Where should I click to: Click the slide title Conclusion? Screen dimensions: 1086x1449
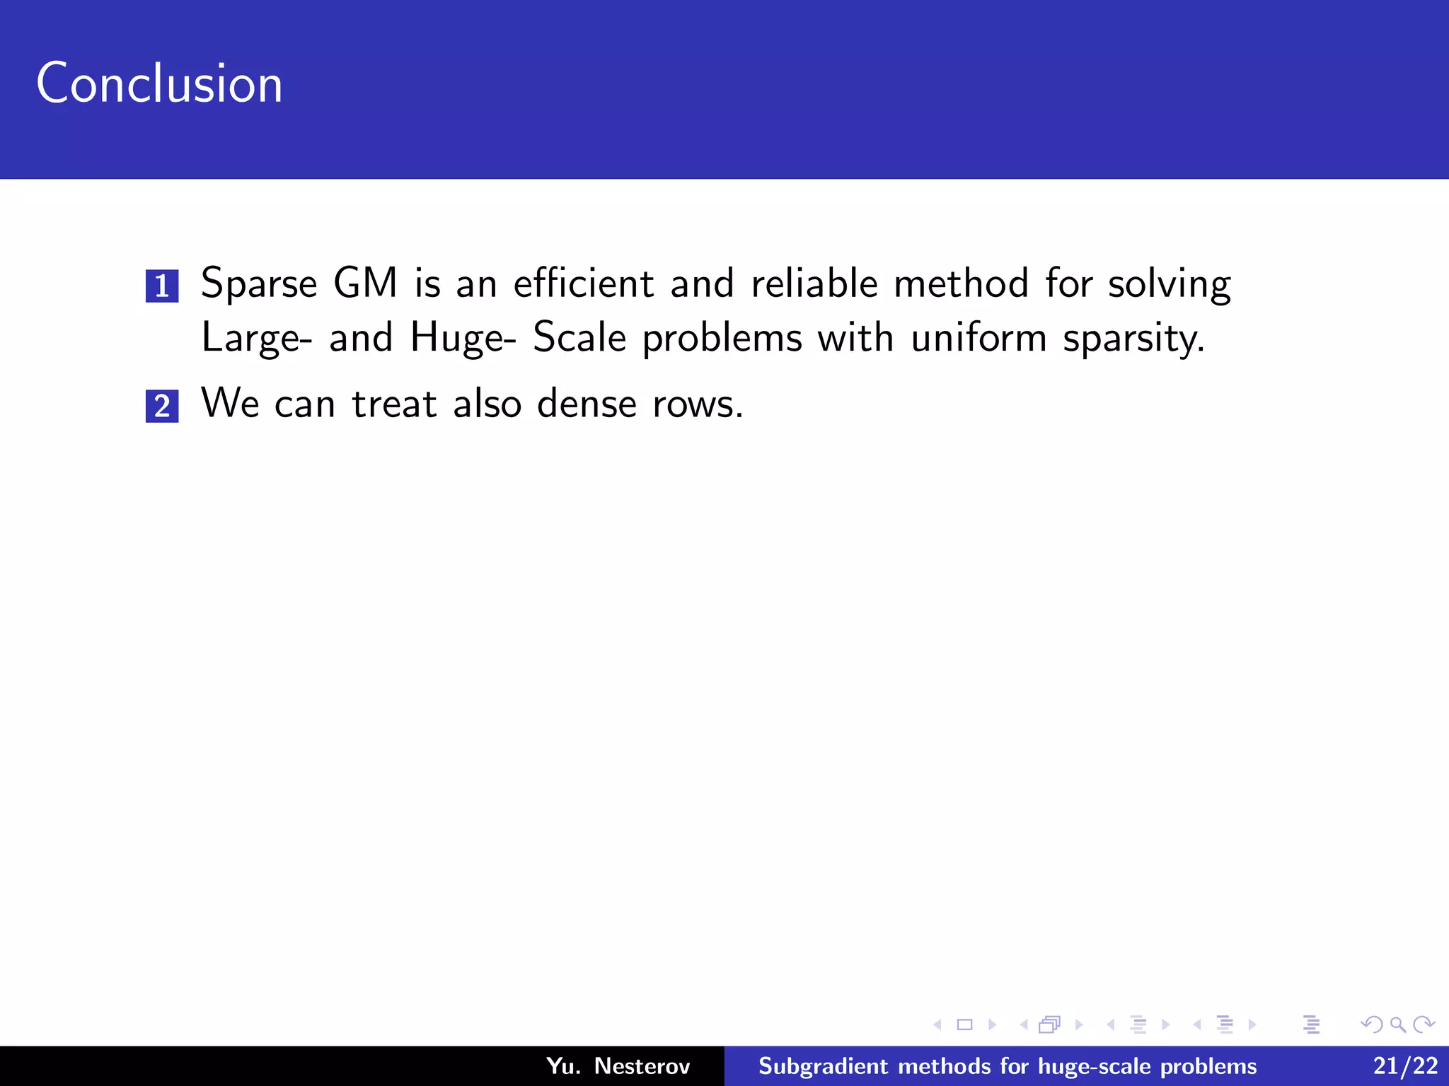[x=159, y=83]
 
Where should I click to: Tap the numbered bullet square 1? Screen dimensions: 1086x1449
[x=162, y=286]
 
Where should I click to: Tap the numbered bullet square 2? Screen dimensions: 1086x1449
[x=162, y=406]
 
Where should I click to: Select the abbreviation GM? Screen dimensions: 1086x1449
[x=365, y=283]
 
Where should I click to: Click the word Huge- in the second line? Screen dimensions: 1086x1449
[x=463, y=338]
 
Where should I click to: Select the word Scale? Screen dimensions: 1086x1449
[x=579, y=337]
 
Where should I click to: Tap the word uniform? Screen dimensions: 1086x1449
[x=978, y=337]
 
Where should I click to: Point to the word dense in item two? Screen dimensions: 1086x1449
[x=587, y=404]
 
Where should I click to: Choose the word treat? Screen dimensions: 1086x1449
[x=394, y=404]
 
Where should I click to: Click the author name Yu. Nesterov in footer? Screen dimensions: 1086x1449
[x=618, y=1066]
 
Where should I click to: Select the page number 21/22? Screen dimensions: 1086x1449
[x=1405, y=1066]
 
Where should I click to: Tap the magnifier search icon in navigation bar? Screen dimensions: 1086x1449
[x=1397, y=1024]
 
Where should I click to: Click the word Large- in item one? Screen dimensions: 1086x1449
[x=256, y=338]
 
